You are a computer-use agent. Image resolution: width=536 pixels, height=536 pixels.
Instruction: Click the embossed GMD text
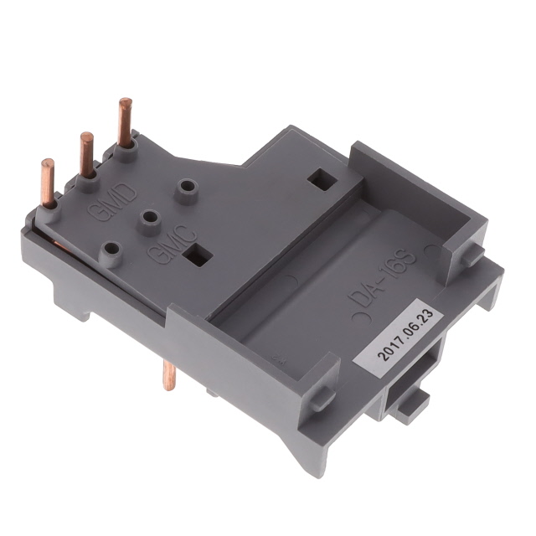coord(112,203)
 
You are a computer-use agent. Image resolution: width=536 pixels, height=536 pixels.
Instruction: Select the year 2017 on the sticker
coord(389,349)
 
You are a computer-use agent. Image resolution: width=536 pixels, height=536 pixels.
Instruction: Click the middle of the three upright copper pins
coord(87,156)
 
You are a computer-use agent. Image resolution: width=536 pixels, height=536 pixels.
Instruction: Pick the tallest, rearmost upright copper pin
coord(125,122)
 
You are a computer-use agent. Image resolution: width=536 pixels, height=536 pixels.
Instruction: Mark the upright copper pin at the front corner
coord(48,183)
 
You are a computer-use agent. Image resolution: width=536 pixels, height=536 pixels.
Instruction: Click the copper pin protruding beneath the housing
coord(168,375)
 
